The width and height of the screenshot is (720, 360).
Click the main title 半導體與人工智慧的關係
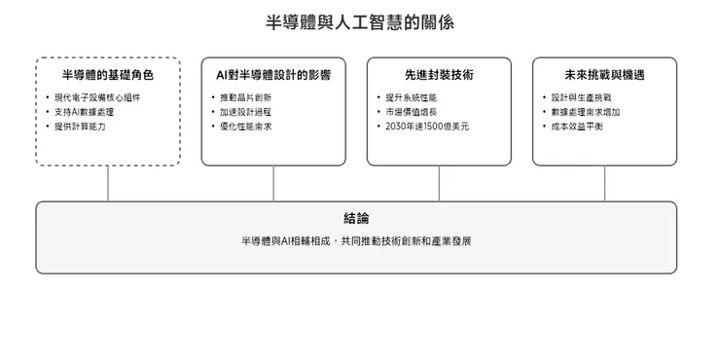359,22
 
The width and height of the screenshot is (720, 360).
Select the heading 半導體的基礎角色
108,75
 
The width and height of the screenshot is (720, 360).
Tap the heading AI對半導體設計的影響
273,75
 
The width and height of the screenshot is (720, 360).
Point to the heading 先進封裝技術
439,75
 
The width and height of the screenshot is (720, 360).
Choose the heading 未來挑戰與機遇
604,75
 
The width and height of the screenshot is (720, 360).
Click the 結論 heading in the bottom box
356,219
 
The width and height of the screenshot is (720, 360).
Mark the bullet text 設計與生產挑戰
581,97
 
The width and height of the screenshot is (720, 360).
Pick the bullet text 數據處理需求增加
586,112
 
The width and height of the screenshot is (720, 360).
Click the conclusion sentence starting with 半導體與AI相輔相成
356,240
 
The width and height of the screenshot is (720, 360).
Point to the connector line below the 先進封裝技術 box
439,183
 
